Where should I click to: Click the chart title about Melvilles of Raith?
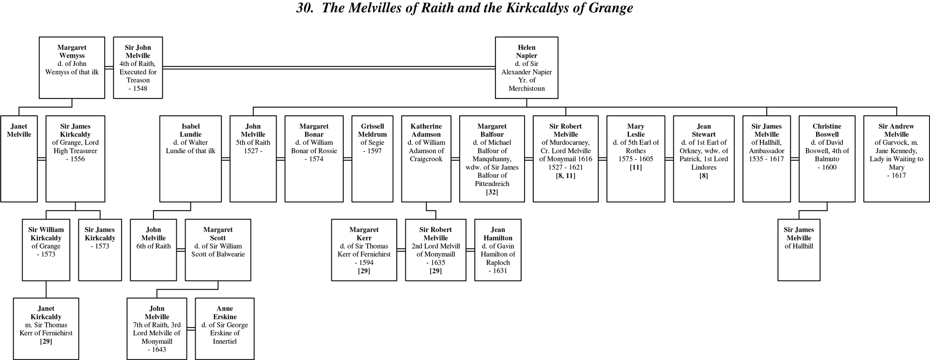(x=465, y=8)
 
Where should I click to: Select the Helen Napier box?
(x=527, y=68)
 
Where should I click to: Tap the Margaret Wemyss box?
(x=72, y=68)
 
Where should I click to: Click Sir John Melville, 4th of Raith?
(x=138, y=68)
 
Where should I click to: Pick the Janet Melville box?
(x=19, y=158)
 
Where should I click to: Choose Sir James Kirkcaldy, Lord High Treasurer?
(x=75, y=158)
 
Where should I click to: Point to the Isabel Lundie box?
(x=190, y=158)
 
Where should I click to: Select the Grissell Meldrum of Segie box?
(x=372, y=158)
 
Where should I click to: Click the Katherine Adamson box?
(x=426, y=158)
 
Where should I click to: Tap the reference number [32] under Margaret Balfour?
(x=492, y=192)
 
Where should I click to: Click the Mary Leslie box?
(x=635, y=158)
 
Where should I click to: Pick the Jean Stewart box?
(x=703, y=158)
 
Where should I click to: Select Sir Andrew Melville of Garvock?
(x=896, y=158)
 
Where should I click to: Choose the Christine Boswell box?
(x=827, y=158)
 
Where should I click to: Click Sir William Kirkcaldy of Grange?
(x=46, y=250)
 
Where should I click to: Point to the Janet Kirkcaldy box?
(x=46, y=329)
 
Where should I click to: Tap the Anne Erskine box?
(x=225, y=329)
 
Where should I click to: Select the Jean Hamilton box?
(x=498, y=250)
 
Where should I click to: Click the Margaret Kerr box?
(x=364, y=250)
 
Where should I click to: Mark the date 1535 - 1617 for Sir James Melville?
(x=766, y=159)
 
